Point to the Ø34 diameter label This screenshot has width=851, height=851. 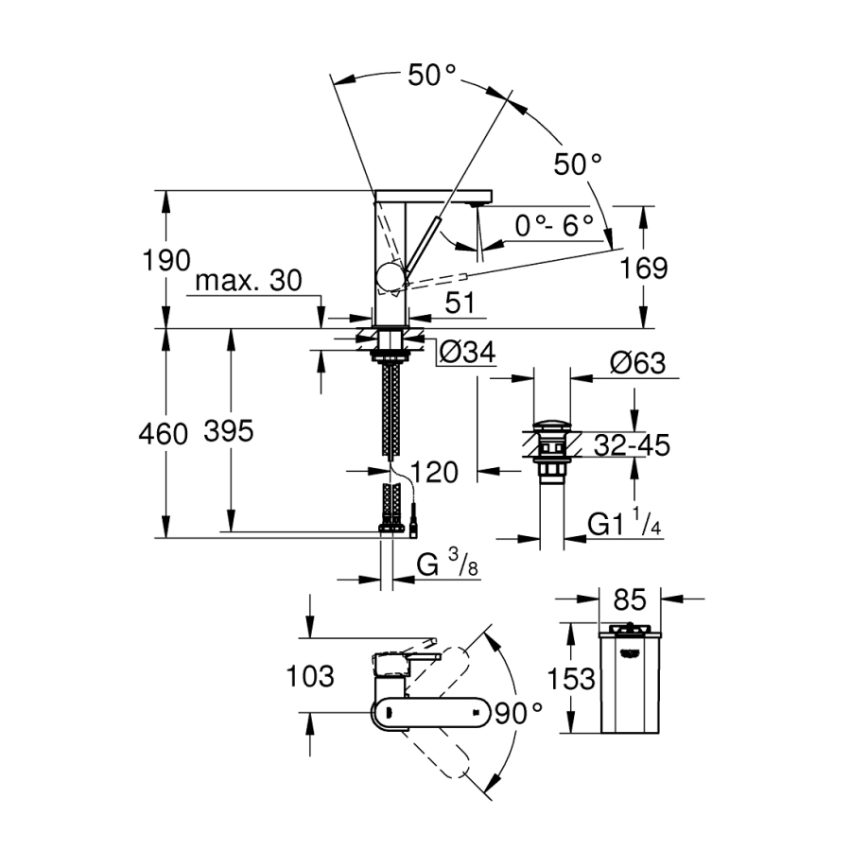466,353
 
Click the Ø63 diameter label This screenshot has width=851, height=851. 638,363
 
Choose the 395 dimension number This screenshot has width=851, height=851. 229,432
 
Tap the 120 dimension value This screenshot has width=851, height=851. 436,471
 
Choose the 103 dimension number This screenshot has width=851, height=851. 311,677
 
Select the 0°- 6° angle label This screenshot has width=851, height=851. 554,225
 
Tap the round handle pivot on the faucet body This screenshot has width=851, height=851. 390,276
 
